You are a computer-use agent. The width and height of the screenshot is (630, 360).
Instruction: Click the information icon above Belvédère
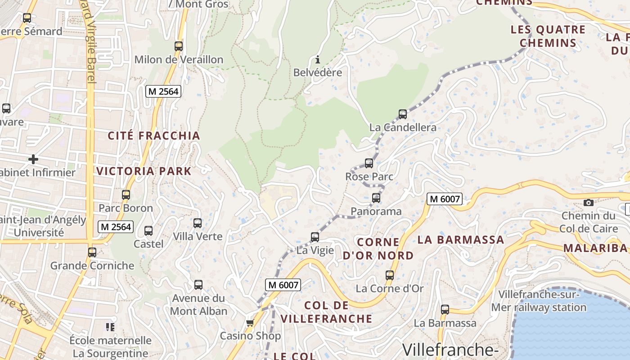click(x=318, y=59)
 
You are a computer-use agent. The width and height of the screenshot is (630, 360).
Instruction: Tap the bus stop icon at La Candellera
click(x=403, y=114)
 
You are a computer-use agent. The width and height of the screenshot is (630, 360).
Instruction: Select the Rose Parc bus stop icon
click(x=369, y=163)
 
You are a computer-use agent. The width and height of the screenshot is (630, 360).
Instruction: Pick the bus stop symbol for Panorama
click(x=376, y=198)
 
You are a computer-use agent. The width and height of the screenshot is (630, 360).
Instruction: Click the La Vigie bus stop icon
click(x=315, y=237)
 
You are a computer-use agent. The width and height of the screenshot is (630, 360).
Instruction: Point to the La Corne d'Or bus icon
click(x=390, y=275)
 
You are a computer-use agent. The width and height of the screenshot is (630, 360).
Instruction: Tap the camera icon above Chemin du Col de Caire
click(x=588, y=202)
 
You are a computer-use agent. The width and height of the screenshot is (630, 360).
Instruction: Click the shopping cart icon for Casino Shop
click(x=250, y=323)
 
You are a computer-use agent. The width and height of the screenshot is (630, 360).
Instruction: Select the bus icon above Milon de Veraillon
click(x=179, y=46)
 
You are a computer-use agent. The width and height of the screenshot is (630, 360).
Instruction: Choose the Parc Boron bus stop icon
click(x=126, y=195)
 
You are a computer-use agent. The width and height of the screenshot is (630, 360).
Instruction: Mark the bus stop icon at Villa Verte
click(x=198, y=223)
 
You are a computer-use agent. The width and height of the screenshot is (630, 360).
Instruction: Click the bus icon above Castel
click(x=148, y=231)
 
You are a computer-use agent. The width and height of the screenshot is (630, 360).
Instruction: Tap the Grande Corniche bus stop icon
click(x=92, y=252)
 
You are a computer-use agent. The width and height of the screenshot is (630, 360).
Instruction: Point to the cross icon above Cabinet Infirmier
click(x=33, y=159)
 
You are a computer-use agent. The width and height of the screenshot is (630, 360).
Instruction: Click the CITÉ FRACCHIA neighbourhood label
click(x=154, y=135)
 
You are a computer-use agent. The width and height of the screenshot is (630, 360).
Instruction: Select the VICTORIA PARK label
click(x=144, y=171)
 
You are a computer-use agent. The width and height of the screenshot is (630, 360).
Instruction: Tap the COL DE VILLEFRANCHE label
click(x=327, y=312)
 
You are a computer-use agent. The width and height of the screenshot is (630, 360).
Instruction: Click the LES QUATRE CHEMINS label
click(x=548, y=36)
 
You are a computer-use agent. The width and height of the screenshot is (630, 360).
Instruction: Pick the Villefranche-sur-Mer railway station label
click(x=538, y=301)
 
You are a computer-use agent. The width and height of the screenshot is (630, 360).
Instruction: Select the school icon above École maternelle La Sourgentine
click(x=110, y=327)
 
